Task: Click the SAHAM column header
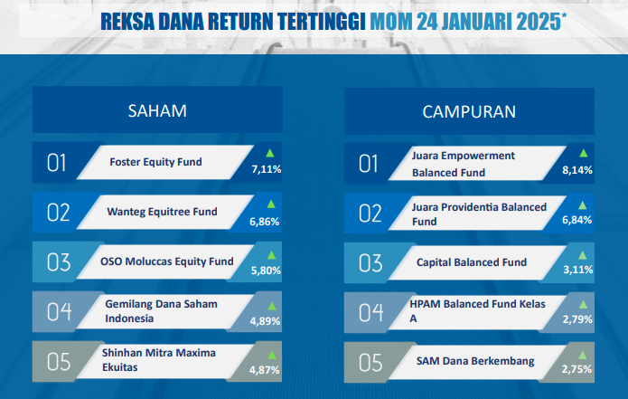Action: [157, 110]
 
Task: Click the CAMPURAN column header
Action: [469, 112]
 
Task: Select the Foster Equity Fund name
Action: [155, 162]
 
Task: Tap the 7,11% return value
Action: [267, 169]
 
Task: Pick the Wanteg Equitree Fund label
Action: [163, 212]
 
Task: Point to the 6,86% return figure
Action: [265, 222]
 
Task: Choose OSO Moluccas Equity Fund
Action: [167, 261]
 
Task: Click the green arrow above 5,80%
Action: [272, 254]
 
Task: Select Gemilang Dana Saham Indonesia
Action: [161, 311]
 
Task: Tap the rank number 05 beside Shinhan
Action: [59, 362]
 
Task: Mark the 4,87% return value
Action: [265, 370]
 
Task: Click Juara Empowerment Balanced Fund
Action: [464, 164]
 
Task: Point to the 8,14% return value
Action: [577, 170]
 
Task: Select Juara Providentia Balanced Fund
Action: [480, 214]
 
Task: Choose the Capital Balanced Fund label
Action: [472, 262]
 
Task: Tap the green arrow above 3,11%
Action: [582, 255]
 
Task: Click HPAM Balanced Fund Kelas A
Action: [477, 311]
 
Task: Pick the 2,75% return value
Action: [576, 369]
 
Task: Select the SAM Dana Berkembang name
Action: [475, 361]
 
